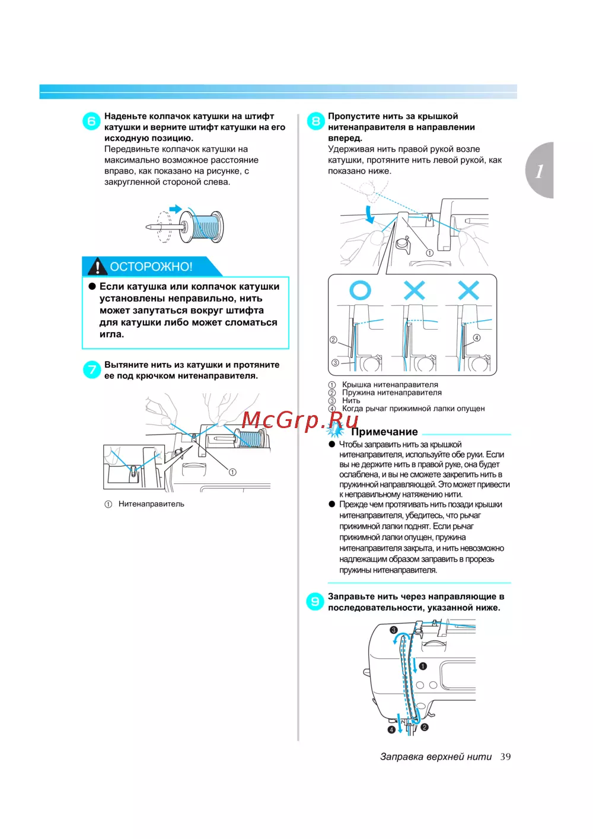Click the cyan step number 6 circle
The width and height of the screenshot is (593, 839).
(x=91, y=121)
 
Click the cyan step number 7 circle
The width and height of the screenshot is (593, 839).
(x=91, y=369)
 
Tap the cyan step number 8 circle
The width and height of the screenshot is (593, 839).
(x=315, y=121)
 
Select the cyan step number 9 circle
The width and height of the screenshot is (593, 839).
(x=315, y=601)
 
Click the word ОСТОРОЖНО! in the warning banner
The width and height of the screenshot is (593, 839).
(x=151, y=266)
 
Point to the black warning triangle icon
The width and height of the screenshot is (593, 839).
(x=97, y=266)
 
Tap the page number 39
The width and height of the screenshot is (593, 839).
(x=505, y=757)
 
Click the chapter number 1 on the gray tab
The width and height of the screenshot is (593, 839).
(x=539, y=171)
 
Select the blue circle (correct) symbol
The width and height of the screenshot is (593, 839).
(x=360, y=291)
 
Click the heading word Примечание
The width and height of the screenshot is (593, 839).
(x=384, y=432)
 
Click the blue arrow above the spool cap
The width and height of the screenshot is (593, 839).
(x=176, y=209)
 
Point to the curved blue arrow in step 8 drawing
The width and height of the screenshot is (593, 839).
(x=369, y=214)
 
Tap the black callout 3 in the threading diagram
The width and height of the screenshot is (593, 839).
(x=393, y=630)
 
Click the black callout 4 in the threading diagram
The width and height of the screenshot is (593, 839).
(x=391, y=730)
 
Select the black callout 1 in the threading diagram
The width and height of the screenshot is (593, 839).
(x=423, y=666)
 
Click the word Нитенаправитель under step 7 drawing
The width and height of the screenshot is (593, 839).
(x=151, y=504)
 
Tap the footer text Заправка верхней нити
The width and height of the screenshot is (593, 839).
(x=436, y=757)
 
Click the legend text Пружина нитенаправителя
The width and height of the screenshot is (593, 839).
(x=392, y=393)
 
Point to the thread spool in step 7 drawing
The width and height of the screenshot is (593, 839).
(x=252, y=438)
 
